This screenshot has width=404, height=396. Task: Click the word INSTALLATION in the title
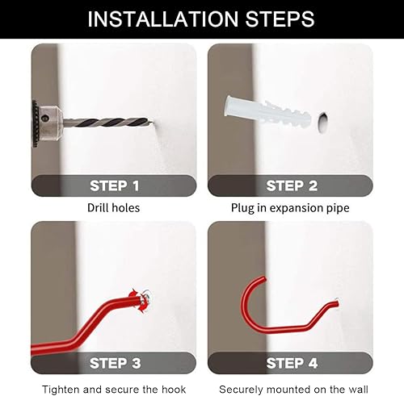[163, 19]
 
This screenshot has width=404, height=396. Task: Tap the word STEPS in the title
[280, 19]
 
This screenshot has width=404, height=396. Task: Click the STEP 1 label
[115, 185]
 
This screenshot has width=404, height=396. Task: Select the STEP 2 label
[292, 185]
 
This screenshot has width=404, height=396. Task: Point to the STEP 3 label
[116, 363]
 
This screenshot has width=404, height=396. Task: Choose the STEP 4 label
[292, 363]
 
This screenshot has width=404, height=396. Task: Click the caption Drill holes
[113, 208]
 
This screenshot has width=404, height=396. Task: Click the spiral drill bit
[107, 122]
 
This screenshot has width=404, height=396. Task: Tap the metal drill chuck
[48, 123]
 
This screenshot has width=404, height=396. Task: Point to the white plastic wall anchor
[267, 111]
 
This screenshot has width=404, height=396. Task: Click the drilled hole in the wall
[322, 123]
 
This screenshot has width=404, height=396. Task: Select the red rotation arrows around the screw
[140, 301]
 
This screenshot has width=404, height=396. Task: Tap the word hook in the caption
[174, 390]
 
